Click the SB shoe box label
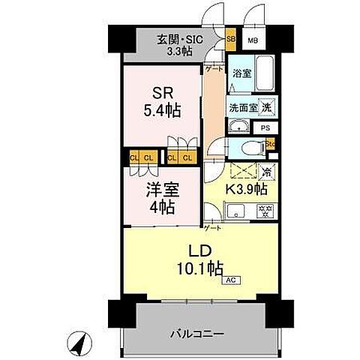coord(230,38)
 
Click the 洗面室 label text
coord(243,107)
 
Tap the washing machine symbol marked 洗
coord(266,107)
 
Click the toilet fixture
coord(250,145)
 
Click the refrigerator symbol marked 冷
coord(267,172)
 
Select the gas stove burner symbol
coord(265,211)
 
